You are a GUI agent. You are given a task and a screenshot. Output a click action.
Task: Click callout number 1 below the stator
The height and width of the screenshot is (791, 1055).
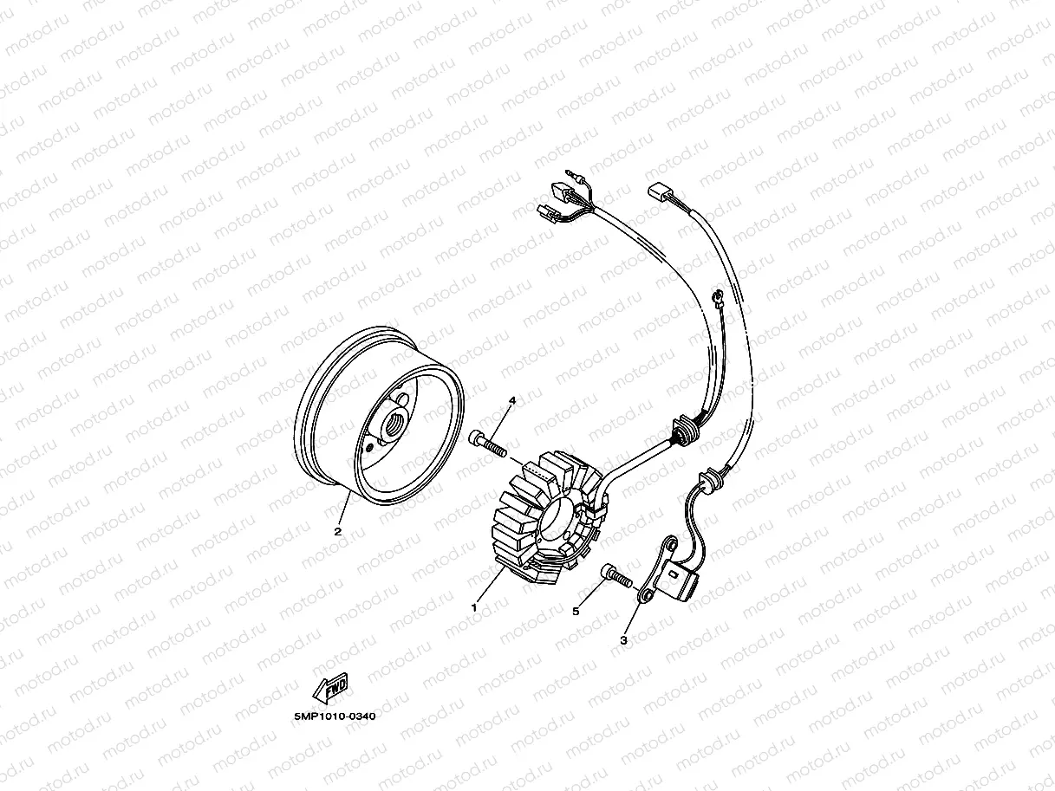(x=474, y=607)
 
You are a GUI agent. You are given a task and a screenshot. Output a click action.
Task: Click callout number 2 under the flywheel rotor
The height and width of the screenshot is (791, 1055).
(x=338, y=532)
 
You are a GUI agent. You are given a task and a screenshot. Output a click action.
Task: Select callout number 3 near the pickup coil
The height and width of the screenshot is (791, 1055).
(x=624, y=640)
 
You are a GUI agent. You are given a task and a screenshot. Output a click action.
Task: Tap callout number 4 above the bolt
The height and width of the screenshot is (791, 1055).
(x=512, y=400)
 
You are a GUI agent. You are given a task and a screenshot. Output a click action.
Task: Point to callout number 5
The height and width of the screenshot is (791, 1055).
(x=576, y=612)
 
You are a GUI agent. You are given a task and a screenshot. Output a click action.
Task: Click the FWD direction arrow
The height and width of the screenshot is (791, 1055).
(x=329, y=688)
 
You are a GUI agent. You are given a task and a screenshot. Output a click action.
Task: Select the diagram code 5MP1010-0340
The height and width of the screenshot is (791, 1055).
(x=335, y=716)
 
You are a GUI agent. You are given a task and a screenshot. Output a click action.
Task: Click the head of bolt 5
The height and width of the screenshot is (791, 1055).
(x=608, y=572)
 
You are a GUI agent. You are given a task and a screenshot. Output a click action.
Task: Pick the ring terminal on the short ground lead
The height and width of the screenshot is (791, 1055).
(x=719, y=298)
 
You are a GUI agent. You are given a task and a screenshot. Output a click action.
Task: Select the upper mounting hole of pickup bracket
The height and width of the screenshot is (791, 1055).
(x=672, y=545)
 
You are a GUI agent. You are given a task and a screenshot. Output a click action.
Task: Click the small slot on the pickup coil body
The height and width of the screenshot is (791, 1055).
(x=674, y=574)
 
